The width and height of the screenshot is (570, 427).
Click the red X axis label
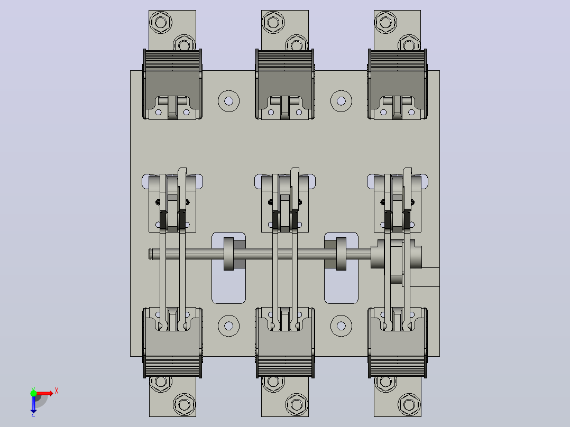pos(57,391)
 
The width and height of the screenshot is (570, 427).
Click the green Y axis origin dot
pos(33,393)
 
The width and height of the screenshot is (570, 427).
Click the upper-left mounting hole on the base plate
pos(228,101)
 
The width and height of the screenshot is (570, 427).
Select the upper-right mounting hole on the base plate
pos(341,101)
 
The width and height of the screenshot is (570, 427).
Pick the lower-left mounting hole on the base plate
pos(228,326)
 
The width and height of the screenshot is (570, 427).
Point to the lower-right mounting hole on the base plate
pos(341,326)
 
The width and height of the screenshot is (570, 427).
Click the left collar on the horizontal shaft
pos(228,254)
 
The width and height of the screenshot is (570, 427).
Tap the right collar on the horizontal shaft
pos(341,254)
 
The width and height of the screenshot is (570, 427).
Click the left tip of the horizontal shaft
pos(150,254)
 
